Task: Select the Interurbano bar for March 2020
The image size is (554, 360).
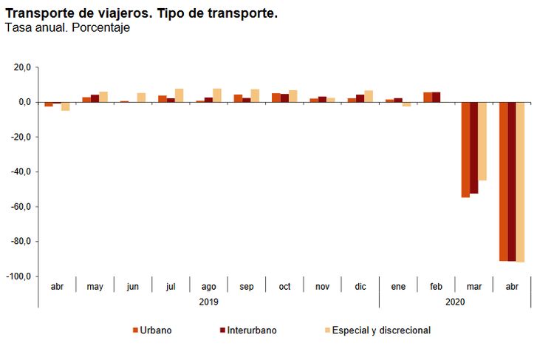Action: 473,148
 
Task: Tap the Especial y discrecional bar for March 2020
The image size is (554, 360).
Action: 482,141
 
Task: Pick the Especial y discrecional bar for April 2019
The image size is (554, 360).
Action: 66,106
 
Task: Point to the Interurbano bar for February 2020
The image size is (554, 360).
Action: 436,97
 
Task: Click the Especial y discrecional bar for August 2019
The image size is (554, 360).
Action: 217,95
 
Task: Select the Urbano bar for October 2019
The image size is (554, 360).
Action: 276,98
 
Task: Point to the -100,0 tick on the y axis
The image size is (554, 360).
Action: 19,276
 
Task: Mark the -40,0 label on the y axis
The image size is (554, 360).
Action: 21,172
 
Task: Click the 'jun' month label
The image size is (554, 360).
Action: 133,286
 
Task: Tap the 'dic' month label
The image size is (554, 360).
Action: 360,286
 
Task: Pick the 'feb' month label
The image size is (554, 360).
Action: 436,286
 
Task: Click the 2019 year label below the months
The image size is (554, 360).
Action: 209,302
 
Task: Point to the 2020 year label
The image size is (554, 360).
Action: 455,302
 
